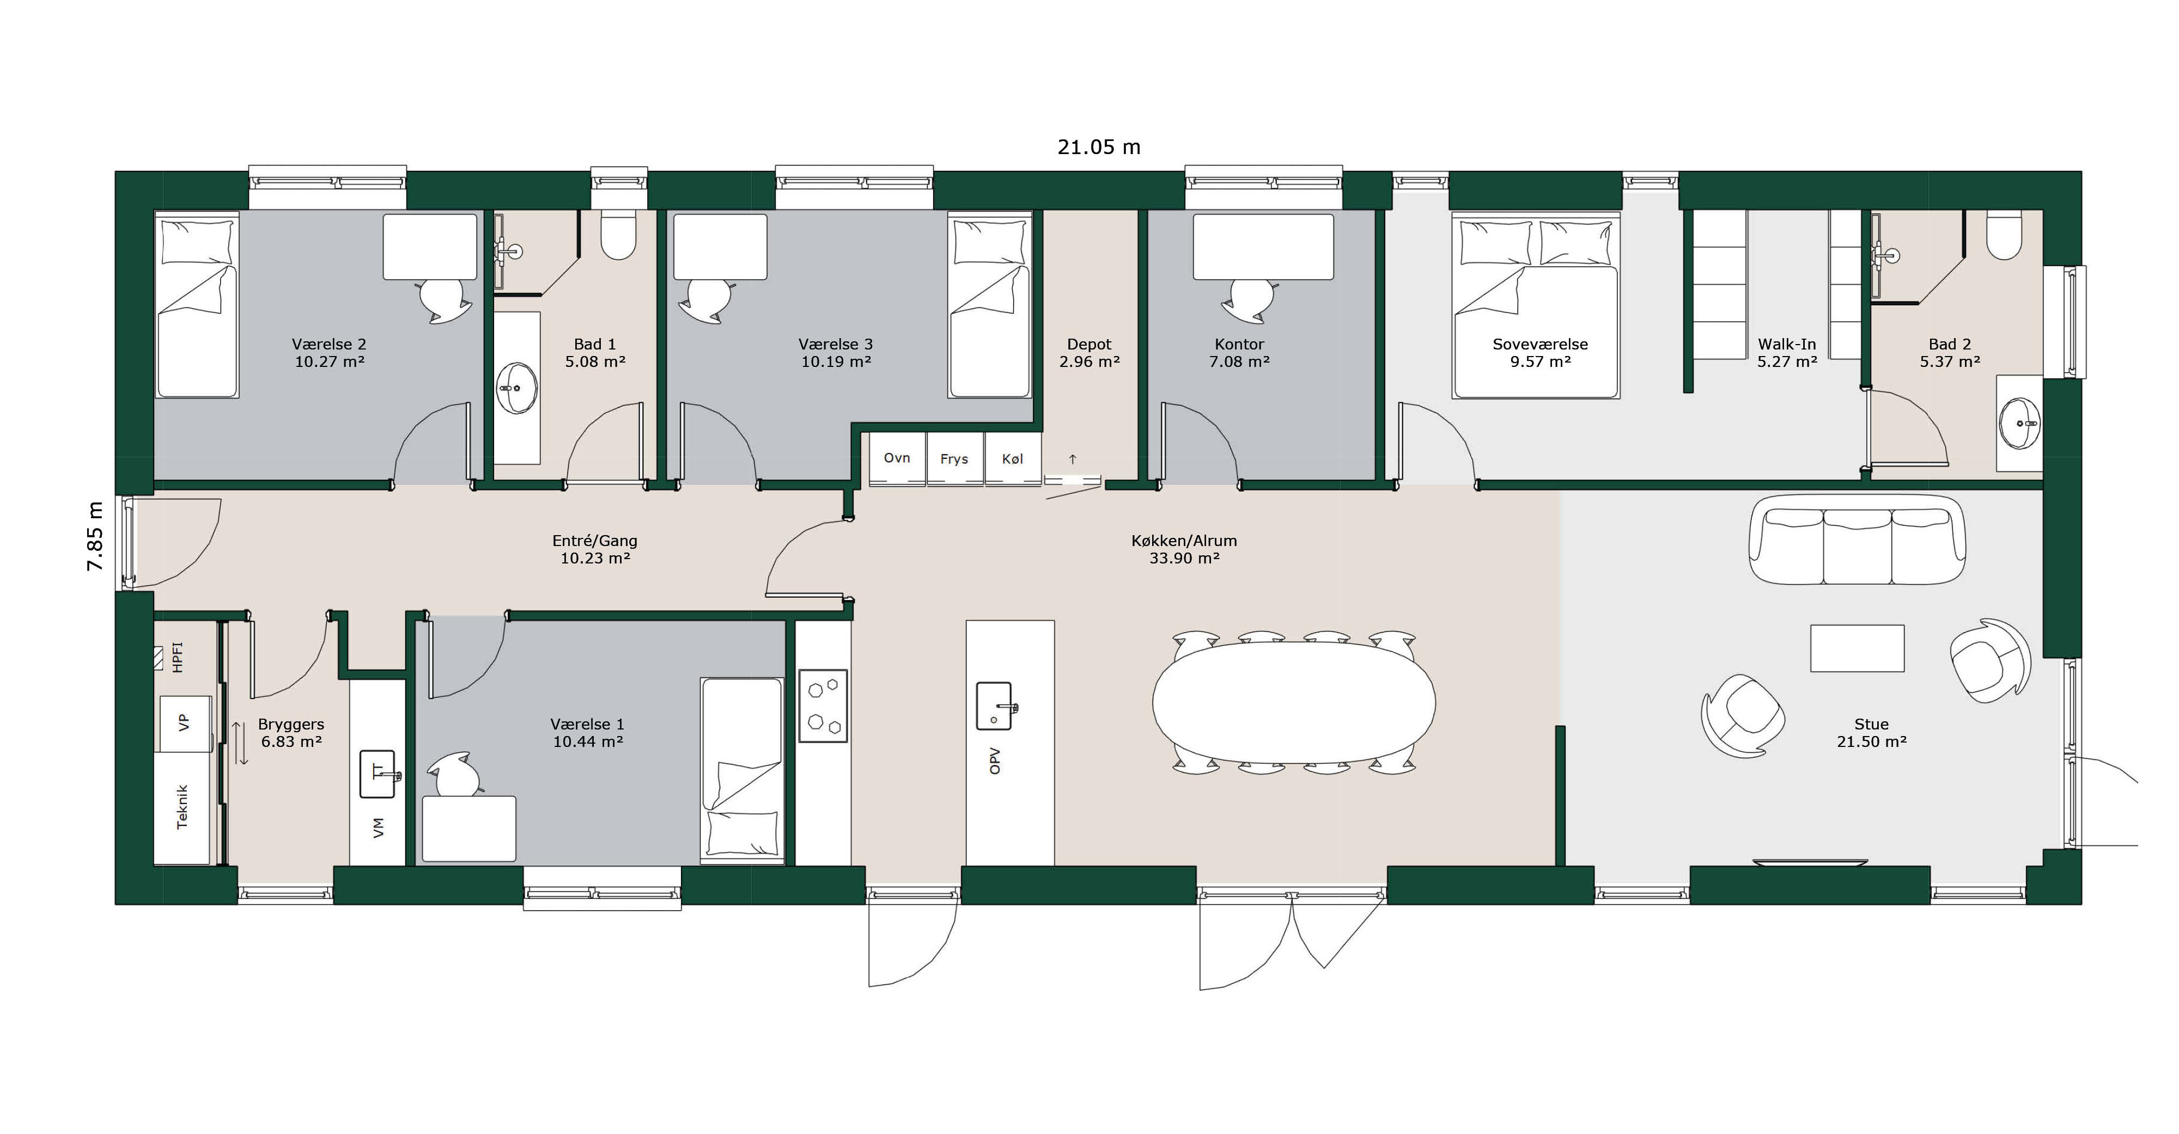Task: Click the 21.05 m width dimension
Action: pos(1099,147)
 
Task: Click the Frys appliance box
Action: pos(954,459)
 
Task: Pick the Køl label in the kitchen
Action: pos(1013,459)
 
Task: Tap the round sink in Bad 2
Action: pos(2020,424)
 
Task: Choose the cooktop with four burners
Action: pos(823,706)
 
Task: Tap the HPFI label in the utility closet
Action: pos(177,657)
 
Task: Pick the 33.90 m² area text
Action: pos(1184,558)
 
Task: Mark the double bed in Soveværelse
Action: pos(1535,305)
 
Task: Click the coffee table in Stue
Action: pos(1857,648)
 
